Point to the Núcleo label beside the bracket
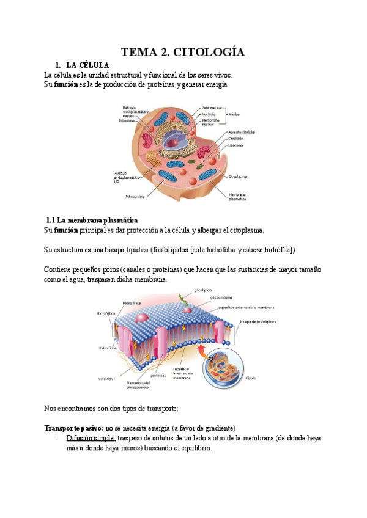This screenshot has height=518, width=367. pos(234,114)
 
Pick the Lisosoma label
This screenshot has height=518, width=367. pos(236,145)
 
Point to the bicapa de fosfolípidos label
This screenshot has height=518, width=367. pos(258,321)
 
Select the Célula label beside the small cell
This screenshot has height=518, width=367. pos(251,378)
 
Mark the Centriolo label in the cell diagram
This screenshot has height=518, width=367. pos(236,139)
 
